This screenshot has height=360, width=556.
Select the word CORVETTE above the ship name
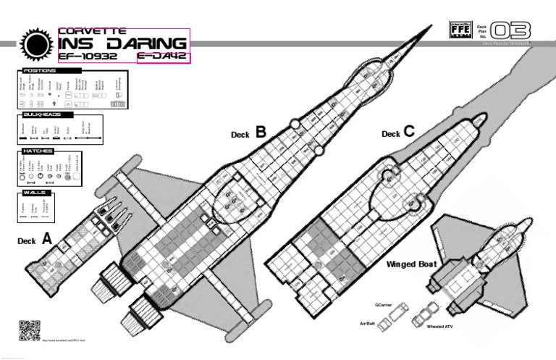[92, 31]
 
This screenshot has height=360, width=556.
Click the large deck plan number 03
[510, 30]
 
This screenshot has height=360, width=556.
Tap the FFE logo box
[460, 30]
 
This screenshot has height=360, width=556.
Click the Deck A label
[35, 238]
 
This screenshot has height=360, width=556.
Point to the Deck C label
[398, 133]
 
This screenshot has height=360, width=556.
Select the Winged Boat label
[411, 264]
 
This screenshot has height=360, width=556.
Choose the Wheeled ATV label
[439, 327]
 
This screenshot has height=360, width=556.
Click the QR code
[28, 330]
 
